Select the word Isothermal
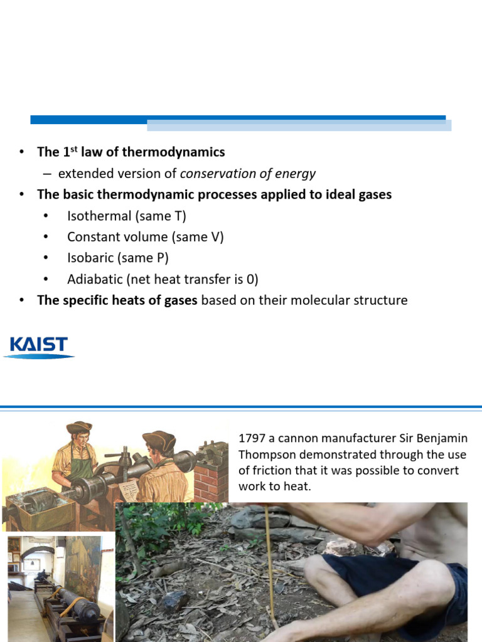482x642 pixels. pyautogui.click(x=99, y=216)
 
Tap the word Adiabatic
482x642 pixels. pyautogui.click(x=95, y=279)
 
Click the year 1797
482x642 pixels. pyautogui.click(x=252, y=438)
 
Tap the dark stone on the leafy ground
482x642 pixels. pyautogui.click(x=174, y=601)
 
